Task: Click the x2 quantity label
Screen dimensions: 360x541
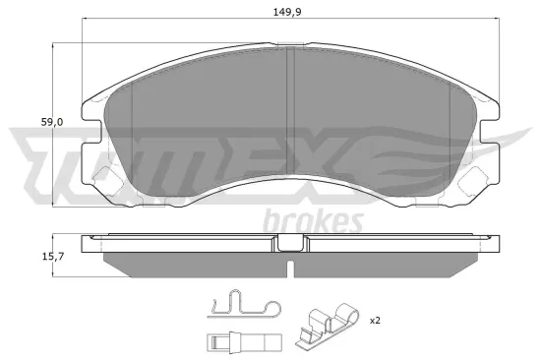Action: [375, 321]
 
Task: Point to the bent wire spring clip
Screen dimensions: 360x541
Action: [239, 306]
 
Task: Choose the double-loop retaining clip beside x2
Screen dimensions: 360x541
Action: [328, 328]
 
